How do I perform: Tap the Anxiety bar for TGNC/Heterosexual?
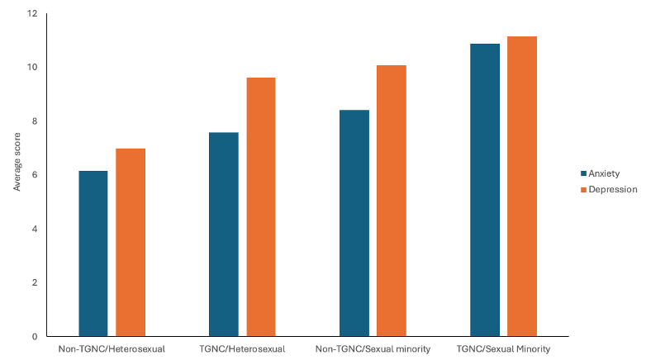[224, 234]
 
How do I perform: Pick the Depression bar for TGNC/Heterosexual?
[260, 207]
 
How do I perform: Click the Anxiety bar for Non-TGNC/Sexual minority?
[354, 223]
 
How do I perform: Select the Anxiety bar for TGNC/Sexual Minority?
[485, 190]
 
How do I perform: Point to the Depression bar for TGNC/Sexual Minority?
[522, 187]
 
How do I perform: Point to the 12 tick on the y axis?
[31, 14]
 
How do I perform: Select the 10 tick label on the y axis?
[31, 68]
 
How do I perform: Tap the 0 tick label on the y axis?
[34, 336]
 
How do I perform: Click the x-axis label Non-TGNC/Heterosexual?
[112, 349]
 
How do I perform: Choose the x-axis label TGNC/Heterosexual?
[242, 349]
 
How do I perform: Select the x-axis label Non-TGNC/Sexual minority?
[373, 349]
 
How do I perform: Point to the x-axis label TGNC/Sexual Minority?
[503, 349]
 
